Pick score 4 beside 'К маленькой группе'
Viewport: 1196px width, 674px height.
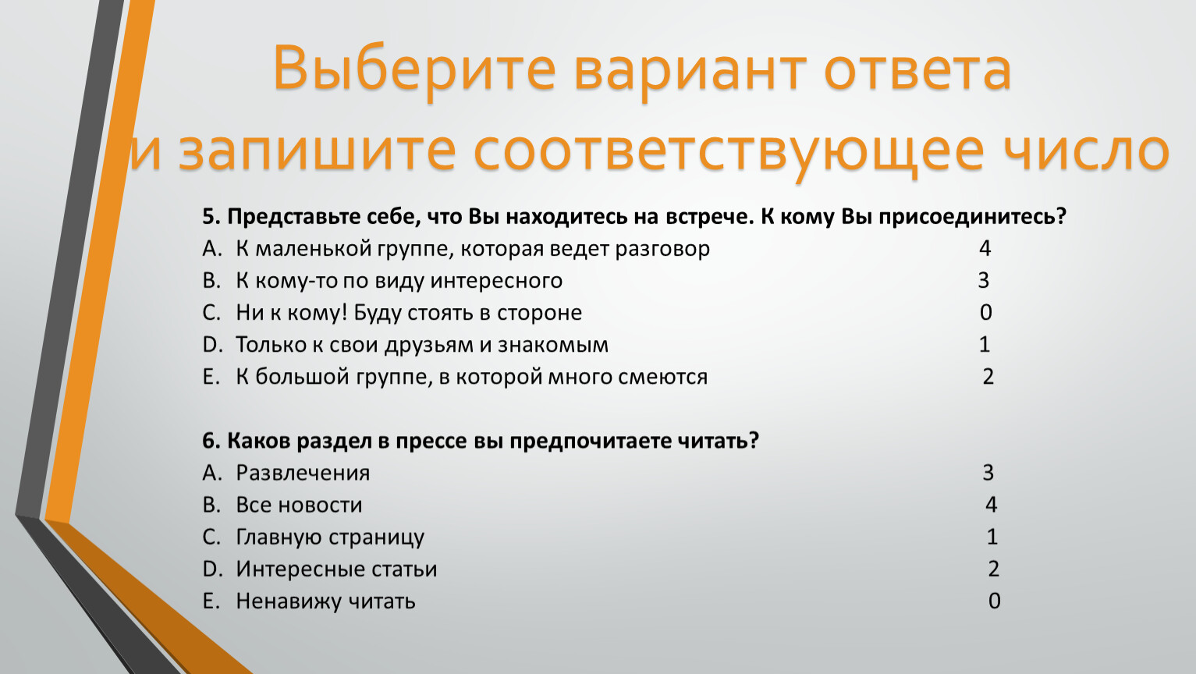[x=985, y=248]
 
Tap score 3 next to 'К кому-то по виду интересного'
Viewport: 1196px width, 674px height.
[x=984, y=280]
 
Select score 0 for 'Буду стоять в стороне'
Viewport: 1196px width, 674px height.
[x=985, y=313]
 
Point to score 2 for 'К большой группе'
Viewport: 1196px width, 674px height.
[x=988, y=377]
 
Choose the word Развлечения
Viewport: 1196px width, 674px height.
[x=303, y=474]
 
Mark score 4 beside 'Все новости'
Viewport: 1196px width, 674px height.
[x=991, y=505]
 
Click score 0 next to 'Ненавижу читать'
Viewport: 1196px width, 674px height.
[x=994, y=601]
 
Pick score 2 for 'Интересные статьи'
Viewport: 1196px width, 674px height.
[x=993, y=569]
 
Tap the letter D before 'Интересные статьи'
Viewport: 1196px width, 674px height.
[x=211, y=569]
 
